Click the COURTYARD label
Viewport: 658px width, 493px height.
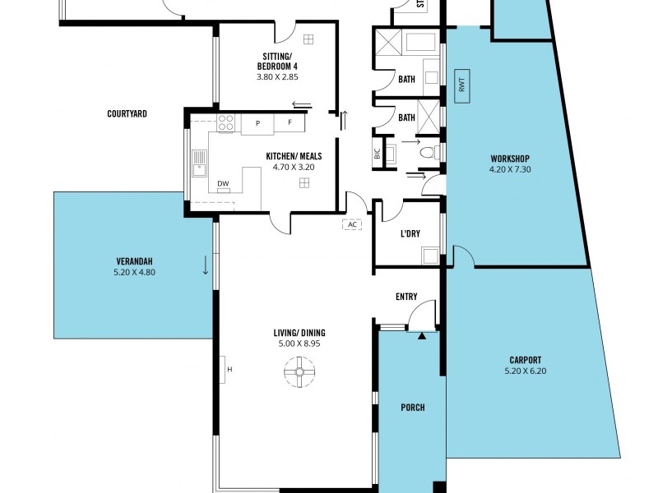(x=127, y=114)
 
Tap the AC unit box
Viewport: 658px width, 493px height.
(x=352, y=224)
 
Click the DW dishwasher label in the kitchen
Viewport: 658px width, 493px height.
(x=223, y=183)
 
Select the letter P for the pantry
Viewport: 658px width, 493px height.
(x=257, y=124)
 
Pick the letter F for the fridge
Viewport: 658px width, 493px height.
(x=289, y=124)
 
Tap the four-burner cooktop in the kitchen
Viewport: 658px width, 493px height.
(x=225, y=123)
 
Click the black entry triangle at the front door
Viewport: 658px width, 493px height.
(x=422, y=335)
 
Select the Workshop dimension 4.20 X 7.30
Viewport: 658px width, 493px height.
(x=509, y=170)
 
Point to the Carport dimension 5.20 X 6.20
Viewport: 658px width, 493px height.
(x=524, y=371)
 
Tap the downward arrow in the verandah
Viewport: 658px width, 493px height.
(x=205, y=266)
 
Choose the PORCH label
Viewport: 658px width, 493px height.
(x=412, y=408)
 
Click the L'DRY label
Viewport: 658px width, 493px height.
(x=410, y=233)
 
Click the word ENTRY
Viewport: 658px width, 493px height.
(x=406, y=297)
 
